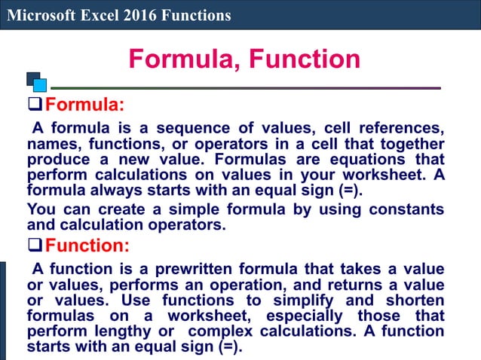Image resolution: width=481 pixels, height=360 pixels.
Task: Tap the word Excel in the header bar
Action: click(x=93, y=15)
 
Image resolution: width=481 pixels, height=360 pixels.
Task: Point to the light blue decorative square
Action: click(x=40, y=85)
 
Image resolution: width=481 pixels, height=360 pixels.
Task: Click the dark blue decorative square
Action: click(x=32, y=78)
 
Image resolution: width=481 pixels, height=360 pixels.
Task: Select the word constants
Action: click(x=408, y=209)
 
